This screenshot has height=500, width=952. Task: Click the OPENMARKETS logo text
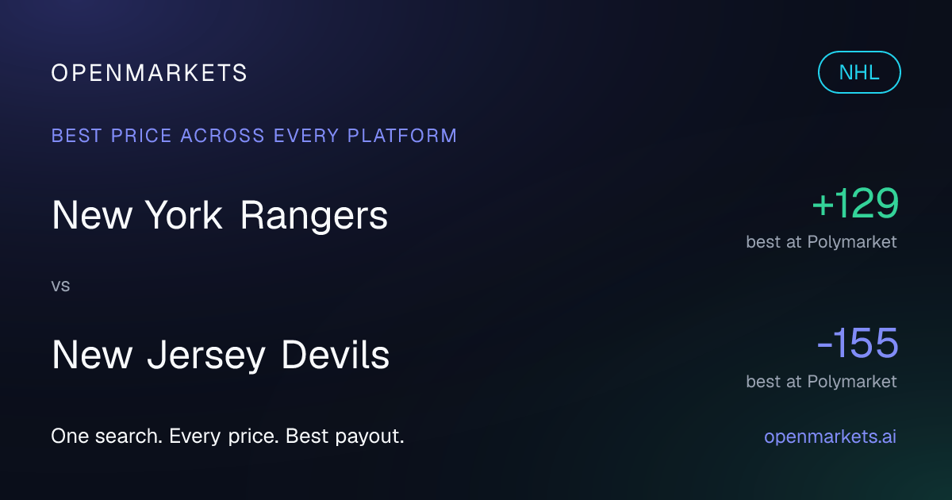click(149, 73)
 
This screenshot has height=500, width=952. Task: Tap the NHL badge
click(859, 72)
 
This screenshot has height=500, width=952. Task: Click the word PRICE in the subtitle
click(141, 136)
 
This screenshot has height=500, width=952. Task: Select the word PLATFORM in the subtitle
click(402, 136)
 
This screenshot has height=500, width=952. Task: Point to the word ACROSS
click(223, 136)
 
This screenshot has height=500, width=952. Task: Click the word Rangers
click(314, 216)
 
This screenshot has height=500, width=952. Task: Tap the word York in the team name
click(183, 215)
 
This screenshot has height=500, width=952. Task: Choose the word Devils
click(336, 355)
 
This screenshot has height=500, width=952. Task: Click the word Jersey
click(206, 356)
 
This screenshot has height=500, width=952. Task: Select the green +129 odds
click(855, 203)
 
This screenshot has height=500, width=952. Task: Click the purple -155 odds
click(858, 343)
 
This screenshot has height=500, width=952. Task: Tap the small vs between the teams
click(60, 287)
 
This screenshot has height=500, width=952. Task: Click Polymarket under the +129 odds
click(852, 242)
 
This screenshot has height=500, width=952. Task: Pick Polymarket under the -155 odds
click(852, 382)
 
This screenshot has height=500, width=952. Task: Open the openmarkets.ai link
click(831, 437)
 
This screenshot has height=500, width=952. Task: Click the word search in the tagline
click(129, 437)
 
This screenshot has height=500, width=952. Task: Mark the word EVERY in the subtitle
click(306, 136)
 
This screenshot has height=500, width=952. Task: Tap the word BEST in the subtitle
click(76, 136)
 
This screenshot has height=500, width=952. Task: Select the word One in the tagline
click(70, 437)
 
